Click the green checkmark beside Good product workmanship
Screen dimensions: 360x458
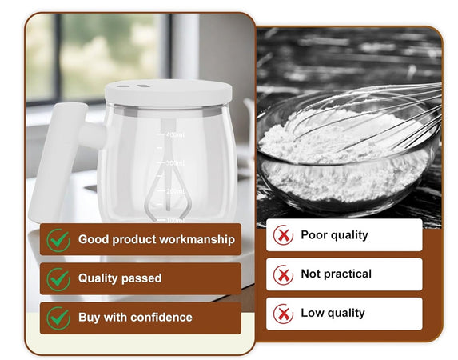pos(58,239)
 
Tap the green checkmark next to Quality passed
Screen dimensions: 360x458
pos(58,278)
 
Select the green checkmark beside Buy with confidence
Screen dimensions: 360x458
pos(58,317)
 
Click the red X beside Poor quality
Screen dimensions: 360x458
pos(283,235)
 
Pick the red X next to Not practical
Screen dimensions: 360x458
pos(283,274)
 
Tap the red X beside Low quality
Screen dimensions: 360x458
pos(283,313)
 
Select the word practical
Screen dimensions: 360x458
pos(348,274)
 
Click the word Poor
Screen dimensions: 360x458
pos(313,235)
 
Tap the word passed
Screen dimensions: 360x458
pos(141,278)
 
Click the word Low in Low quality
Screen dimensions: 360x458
pos(311,313)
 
